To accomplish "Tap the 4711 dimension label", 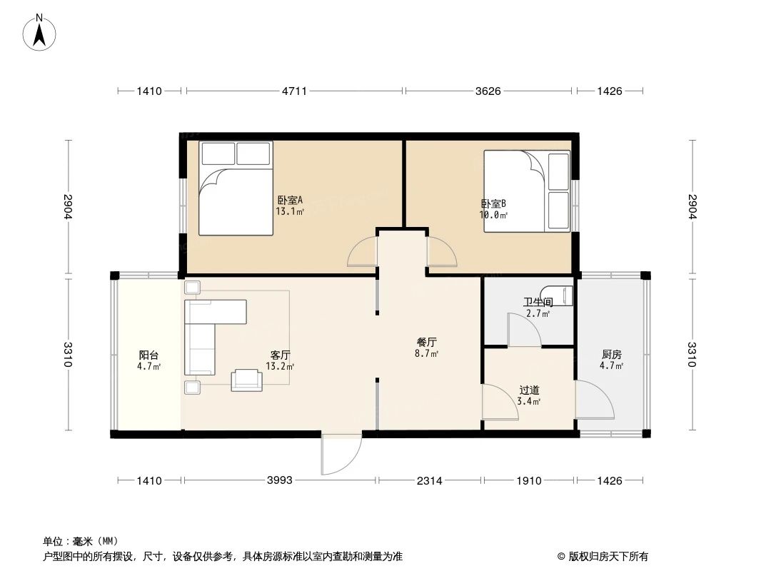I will point(293,91).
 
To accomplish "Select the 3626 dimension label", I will point(488,91).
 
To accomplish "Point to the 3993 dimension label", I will point(280,480).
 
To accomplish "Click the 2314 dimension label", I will point(430,480).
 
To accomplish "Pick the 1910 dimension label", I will point(529,480).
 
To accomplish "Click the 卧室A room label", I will point(290,201).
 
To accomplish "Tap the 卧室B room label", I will point(493,203).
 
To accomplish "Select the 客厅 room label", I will point(280,355).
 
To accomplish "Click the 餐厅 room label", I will point(427,342).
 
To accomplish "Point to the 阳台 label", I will point(148,355).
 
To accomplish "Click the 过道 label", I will point(529,390).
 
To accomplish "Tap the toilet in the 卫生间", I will point(557,295).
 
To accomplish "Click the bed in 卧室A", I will point(236,188).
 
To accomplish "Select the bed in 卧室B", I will point(526,190).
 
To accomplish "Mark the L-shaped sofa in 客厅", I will point(207,330).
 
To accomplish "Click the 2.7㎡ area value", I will point(538,313).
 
